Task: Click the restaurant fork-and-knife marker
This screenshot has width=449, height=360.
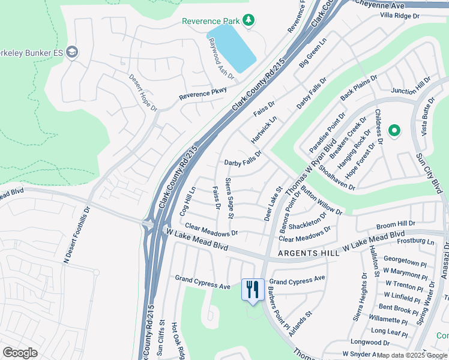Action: point(253,289)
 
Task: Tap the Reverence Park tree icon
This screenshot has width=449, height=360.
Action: point(249,21)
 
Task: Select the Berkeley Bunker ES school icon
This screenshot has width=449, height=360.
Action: point(73,52)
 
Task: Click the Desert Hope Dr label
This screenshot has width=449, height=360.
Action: point(143,92)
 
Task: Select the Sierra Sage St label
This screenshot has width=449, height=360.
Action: point(229,198)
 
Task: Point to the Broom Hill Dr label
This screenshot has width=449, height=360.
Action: point(396,224)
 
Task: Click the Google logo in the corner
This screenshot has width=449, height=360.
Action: point(20,353)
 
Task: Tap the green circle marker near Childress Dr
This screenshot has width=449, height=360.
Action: point(394,130)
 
